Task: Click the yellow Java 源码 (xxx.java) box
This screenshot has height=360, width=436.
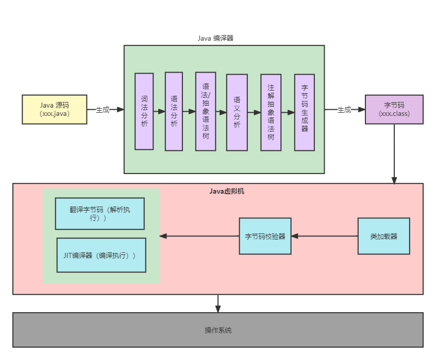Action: click(54, 109)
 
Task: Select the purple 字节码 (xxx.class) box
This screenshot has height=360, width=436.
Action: click(394, 109)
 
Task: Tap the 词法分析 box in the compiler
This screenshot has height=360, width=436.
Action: click(144, 111)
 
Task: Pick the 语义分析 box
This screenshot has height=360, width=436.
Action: click(237, 112)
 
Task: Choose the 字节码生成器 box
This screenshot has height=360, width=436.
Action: click(305, 112)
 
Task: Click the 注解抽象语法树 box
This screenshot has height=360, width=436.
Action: click(271, 112)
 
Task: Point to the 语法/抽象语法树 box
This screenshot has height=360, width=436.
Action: click(206, 111)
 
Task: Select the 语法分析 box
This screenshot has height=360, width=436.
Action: click(174, 111)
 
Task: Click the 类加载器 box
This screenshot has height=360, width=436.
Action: click(383, 236)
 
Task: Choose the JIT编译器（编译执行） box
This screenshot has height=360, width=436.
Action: click(101, 255)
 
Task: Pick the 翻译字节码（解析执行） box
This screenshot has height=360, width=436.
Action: click(99, 213)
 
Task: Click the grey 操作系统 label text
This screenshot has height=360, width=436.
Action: click(218, 330)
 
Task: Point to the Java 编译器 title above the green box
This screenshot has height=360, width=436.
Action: click(215, 38)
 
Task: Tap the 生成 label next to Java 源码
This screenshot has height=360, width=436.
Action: click(103, 110)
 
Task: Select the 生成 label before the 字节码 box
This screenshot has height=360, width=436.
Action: click(344, 110)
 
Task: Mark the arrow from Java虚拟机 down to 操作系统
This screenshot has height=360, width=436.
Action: click(218, 303)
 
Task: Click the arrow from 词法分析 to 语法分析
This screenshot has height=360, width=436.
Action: click(159, 111)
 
